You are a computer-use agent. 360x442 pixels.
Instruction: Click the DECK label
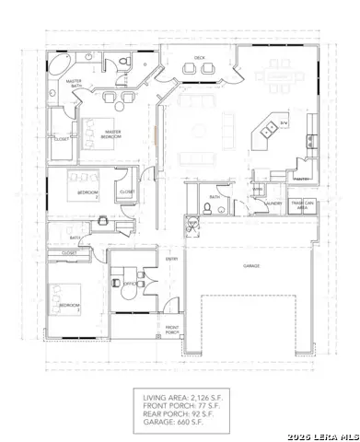pyautogui.click(x=199, y=58)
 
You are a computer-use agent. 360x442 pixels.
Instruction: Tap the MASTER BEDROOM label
pyautogui.click(x=113, y=134)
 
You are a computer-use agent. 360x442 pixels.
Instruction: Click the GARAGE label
pyautogui.click(x=250, y=265)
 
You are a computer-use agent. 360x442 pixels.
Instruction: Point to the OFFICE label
pyautogui.click(x=129, y=284)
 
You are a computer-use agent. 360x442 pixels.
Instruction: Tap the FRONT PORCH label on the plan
pyautogui.click(x=171, y=330)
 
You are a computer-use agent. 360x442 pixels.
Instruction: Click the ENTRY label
pyautogui.click(x=171, y=259)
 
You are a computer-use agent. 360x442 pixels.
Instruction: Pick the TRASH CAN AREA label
pyautogui.click(x=302, y=205)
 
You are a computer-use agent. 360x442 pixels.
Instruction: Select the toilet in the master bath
pyautogui.click(x=122, y=62)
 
